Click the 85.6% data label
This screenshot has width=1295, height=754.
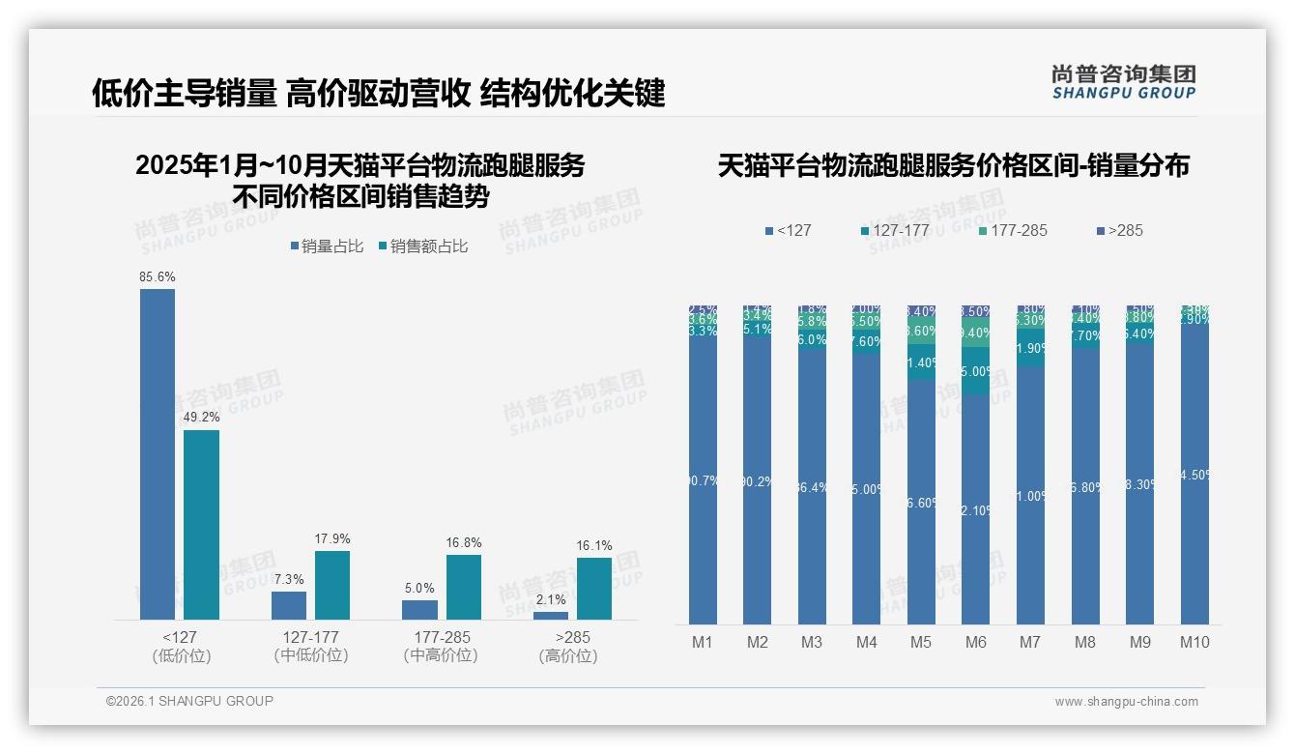158,277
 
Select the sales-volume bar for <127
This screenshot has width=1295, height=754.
158,454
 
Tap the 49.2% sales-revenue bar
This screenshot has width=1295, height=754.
201,525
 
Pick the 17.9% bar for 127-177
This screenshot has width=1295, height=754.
332,585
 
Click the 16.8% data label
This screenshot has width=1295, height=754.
464,543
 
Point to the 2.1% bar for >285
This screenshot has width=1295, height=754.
551,616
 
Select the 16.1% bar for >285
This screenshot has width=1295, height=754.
594,589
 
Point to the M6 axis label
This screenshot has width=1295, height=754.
976,642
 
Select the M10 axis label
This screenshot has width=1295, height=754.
1194,642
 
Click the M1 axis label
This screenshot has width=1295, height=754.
703,642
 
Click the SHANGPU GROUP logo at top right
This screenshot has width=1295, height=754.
1123,81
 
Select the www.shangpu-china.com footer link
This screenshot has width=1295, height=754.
1126,702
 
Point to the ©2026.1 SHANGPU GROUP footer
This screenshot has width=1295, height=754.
189,701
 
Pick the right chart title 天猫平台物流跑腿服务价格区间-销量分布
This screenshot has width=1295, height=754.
953,165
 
